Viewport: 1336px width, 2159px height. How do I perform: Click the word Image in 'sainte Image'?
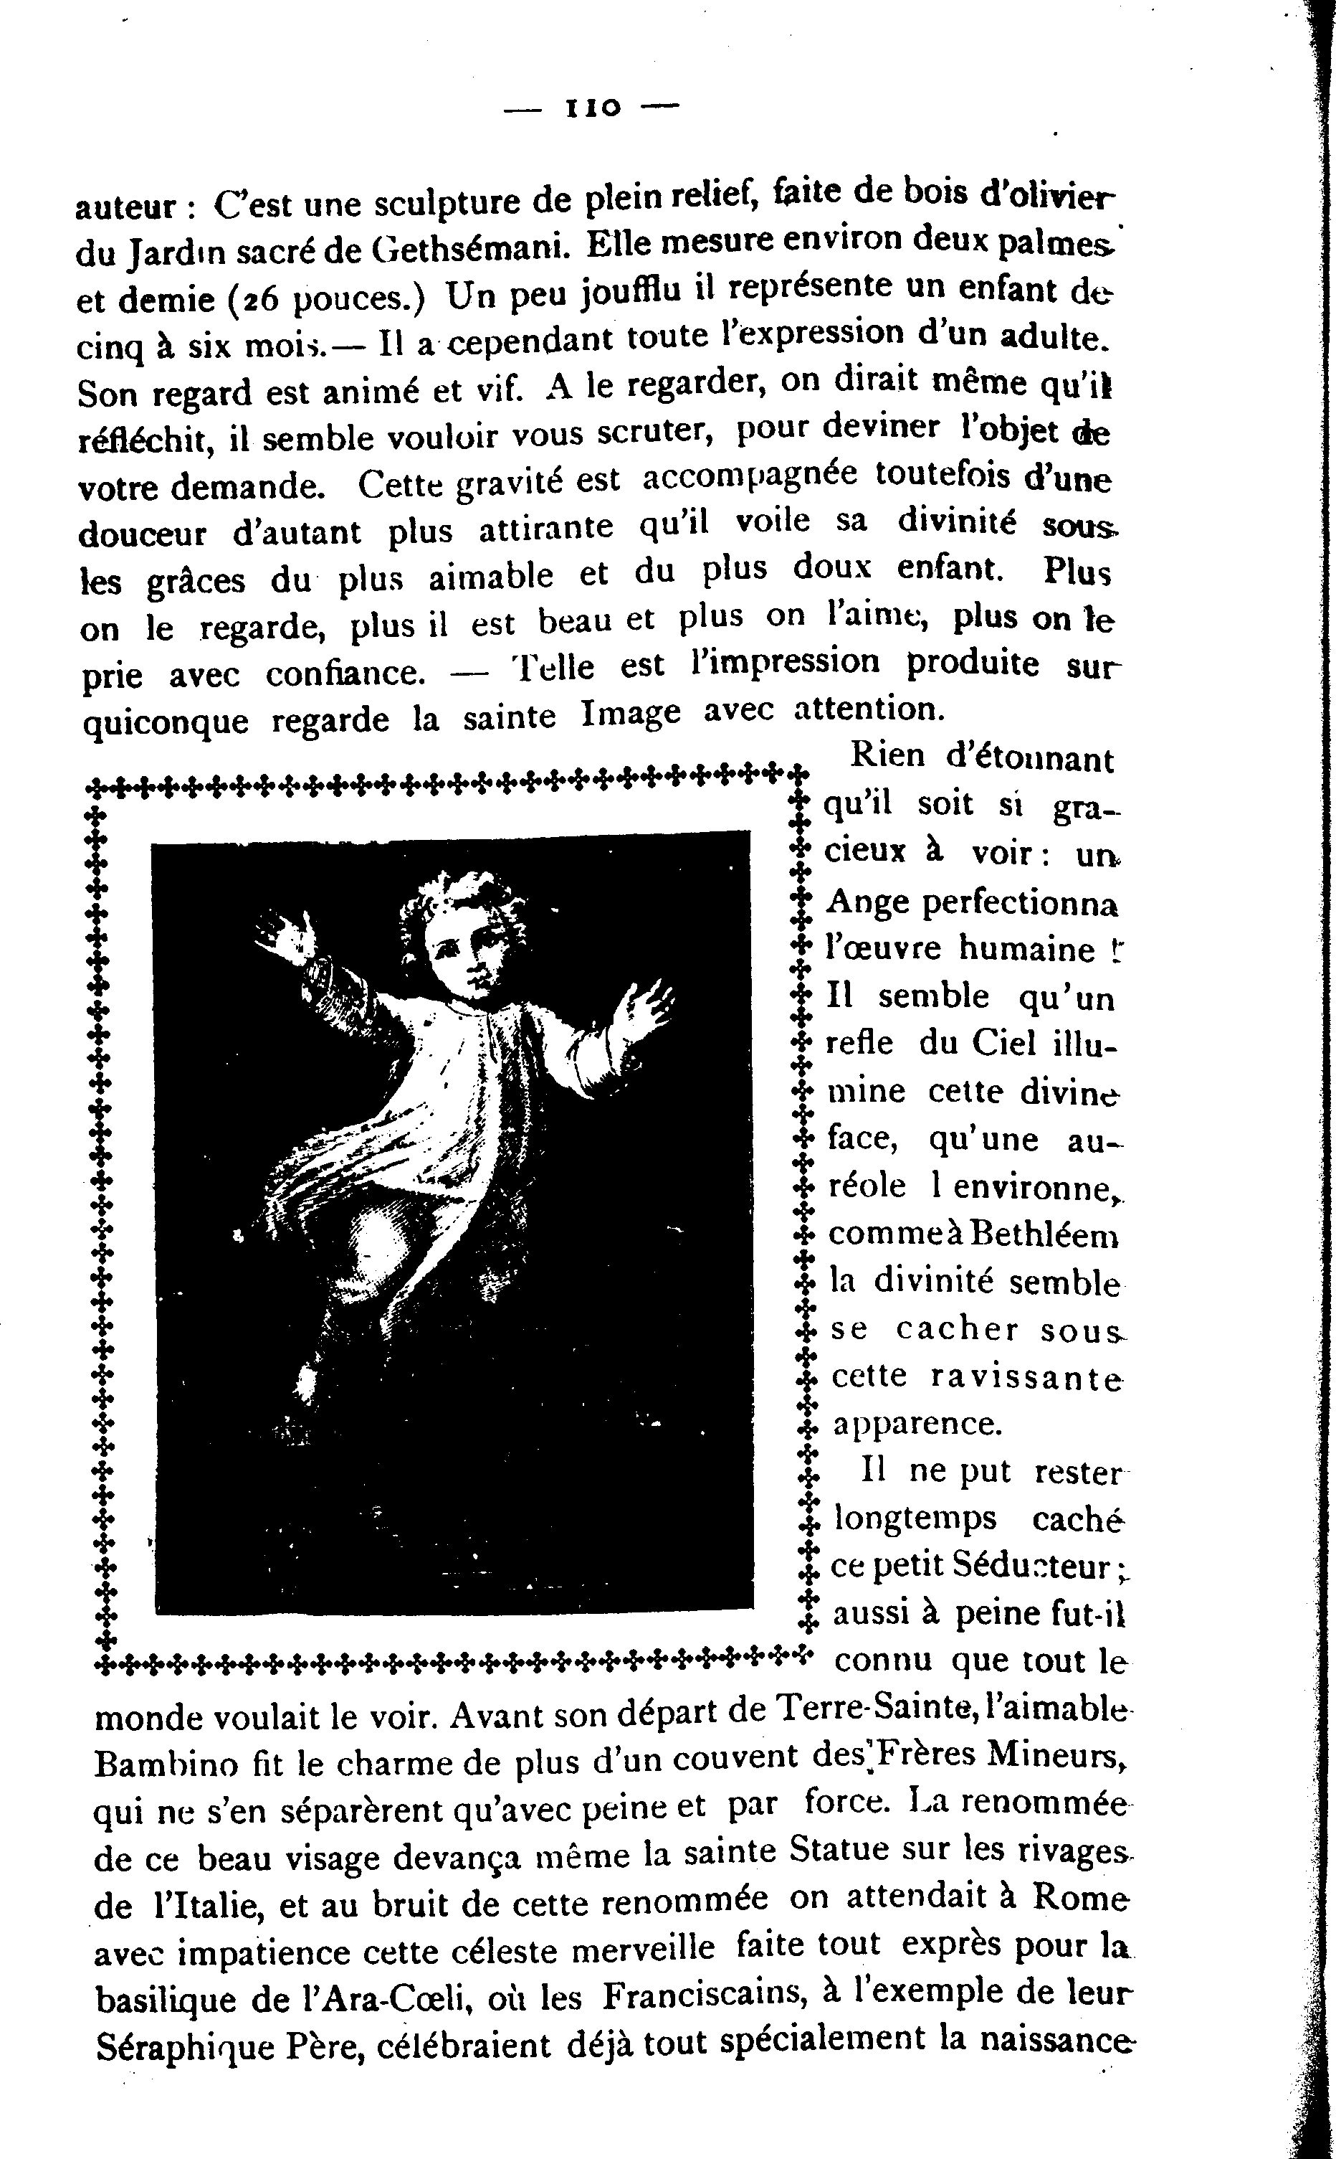click(x=631, y=712)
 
